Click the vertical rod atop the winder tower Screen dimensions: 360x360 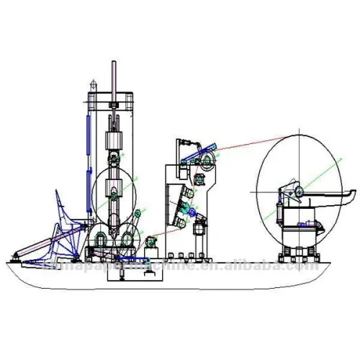tap(113, 78)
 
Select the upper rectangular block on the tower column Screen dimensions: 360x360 tap(113, 141)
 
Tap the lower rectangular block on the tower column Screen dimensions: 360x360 tap(113, 192)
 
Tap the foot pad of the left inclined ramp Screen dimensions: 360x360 tap(16, 254)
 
